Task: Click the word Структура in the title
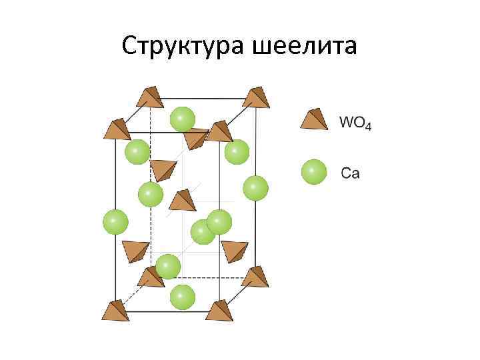[x=185, y=46]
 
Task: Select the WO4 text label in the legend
[x=355, y=123]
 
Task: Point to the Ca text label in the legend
[x=350, y=174]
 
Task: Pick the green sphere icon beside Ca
[x=314, y=172]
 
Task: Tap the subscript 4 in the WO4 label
[x=367, y=126]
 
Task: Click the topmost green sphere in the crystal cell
[x=182, y=119]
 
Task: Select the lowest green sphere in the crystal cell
[x=182, y=296]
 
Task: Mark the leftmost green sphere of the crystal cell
[x=115, y=221]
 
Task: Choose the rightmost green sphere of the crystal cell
[x=255, y=188]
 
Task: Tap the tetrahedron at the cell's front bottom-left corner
[x=115, y=311]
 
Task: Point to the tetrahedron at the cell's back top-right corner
[x=255, y=97]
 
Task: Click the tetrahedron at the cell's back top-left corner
[x=150, y=97]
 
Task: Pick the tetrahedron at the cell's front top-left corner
[x=117, y=127]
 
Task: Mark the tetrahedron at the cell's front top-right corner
[x=219, y=131]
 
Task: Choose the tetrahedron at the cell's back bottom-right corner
[x=255, y=276]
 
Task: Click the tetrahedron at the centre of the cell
[x=183, y=200]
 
